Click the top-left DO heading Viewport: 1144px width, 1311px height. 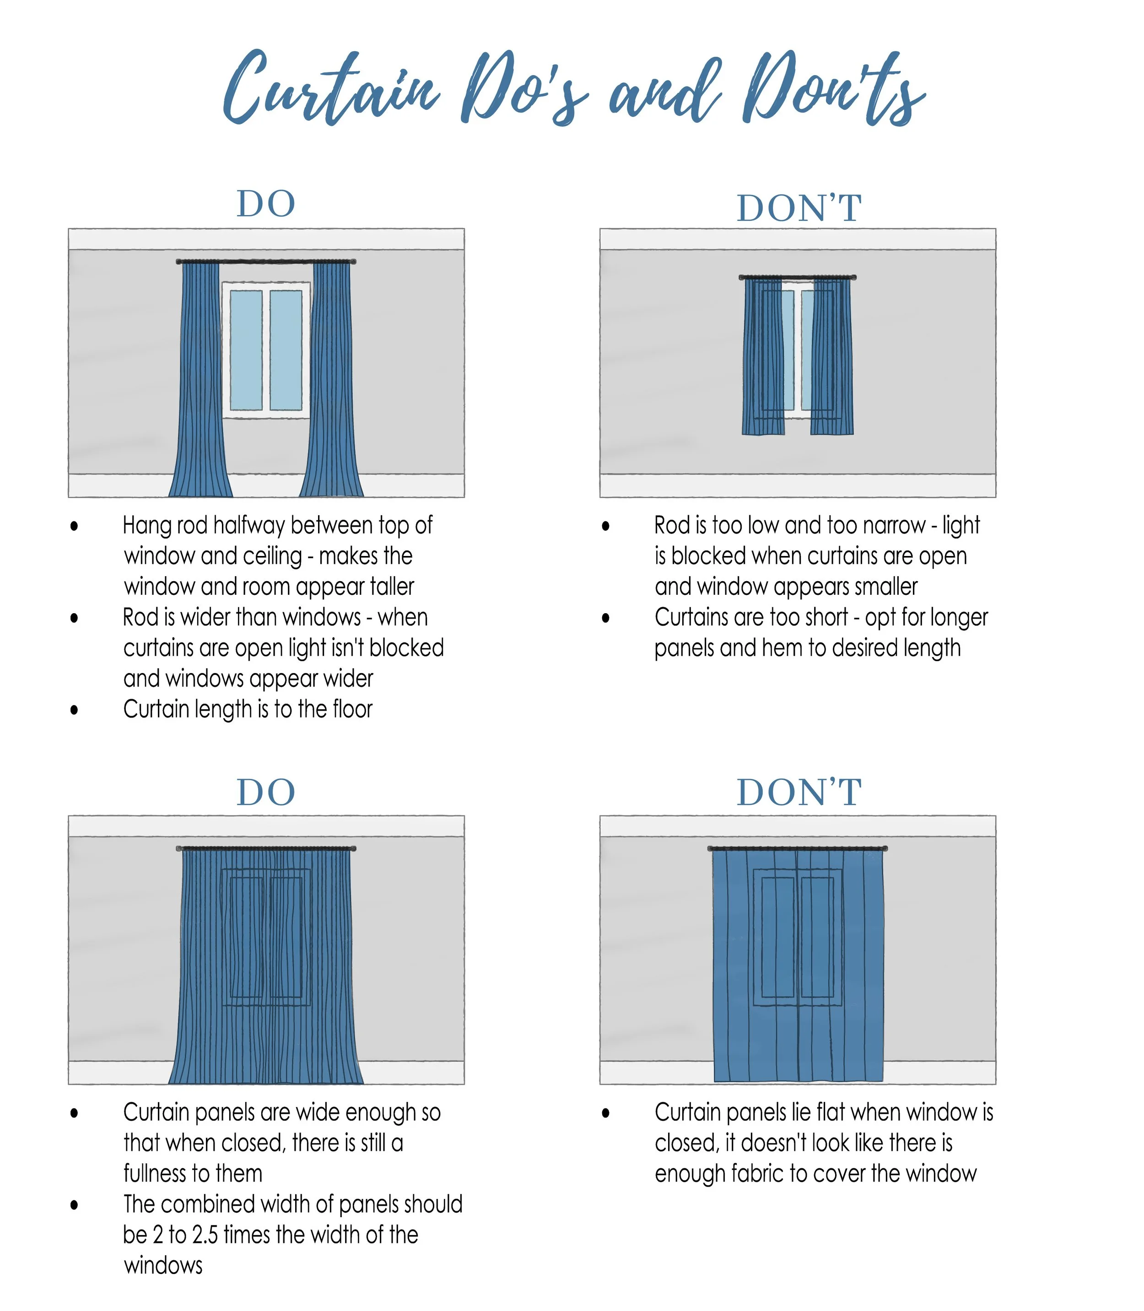point(266,204)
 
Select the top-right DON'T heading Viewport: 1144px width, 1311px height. point(799,209)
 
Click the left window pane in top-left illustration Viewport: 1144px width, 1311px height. point(246,350)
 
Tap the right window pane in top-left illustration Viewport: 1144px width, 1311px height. point(286,350)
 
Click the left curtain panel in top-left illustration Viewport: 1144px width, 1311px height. point(200,383)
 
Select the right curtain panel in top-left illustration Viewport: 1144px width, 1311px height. point(332,383)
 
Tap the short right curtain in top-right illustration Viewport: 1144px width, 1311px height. point(832,357)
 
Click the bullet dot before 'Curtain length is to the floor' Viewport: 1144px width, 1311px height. point(75,710)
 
